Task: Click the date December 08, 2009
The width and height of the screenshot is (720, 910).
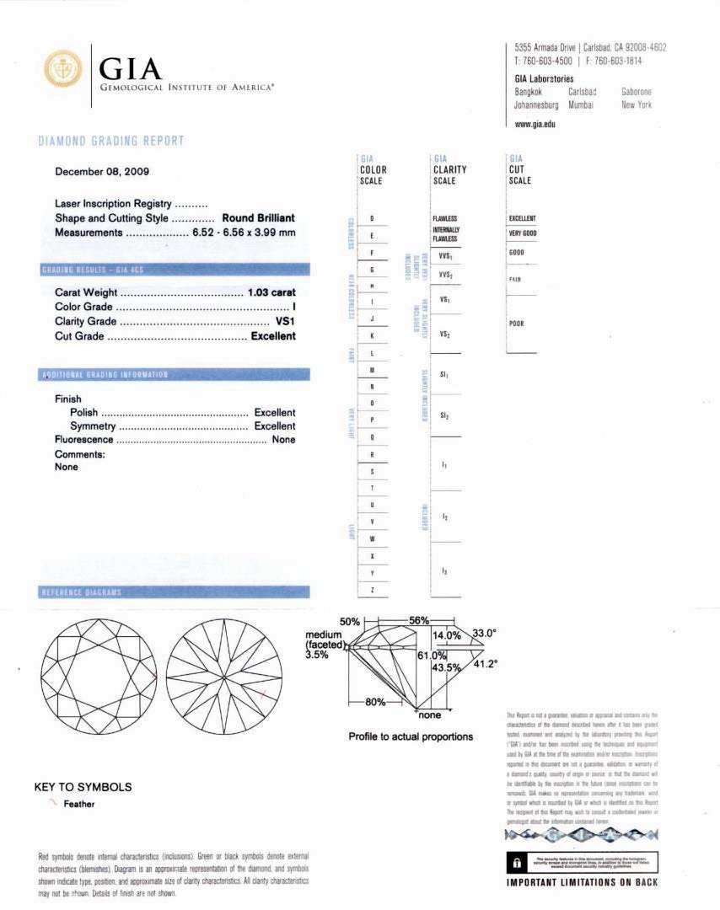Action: coord(102,172)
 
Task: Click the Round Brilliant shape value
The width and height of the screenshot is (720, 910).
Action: coord(258,218)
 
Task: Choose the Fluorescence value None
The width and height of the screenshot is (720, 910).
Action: coord(284,440)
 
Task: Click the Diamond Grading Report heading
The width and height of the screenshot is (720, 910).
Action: coord(111,141)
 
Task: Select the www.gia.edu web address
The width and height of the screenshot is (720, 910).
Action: coord(535,123)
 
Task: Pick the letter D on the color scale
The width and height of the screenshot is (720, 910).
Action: coord(372,219)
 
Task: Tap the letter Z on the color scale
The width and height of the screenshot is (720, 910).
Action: coord(372,590)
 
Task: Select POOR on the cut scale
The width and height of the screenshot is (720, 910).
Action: coord(517,324)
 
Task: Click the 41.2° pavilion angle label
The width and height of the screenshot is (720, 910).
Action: coord(483,663)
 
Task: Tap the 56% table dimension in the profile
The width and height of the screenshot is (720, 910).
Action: coord(419,620)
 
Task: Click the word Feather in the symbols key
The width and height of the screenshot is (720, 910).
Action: coord(79,804)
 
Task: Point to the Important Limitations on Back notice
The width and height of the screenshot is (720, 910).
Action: coord(582,882)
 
